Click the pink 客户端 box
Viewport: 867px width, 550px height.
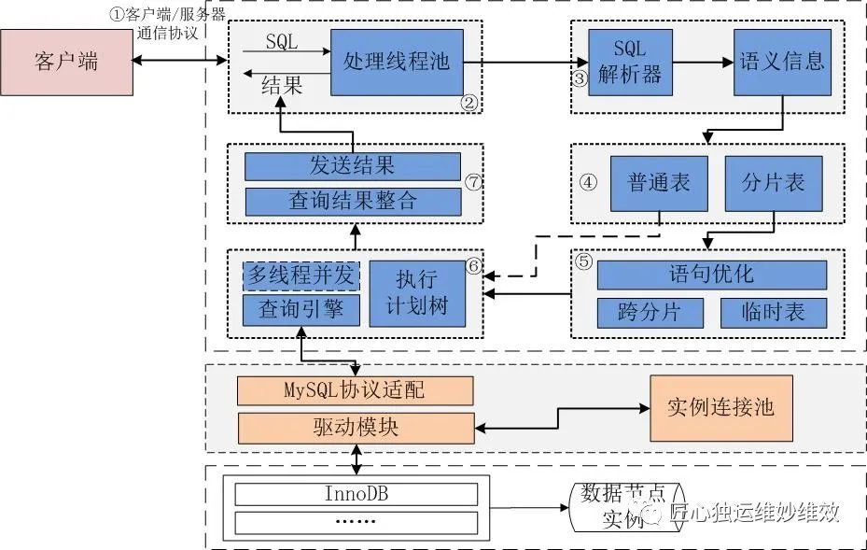coord(66,63)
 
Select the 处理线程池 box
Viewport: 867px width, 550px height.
coord(396,62)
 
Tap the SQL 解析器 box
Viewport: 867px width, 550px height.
coord(630,62)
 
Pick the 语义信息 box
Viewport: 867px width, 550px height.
coord(781,62)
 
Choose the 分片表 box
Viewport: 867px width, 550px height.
coord(774,183)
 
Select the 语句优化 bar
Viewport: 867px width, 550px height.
coord(711,275)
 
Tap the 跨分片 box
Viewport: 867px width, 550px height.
coord(650,312)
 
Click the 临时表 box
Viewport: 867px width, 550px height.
coord(774,312)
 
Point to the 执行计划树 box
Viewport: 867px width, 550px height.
coord(416,293)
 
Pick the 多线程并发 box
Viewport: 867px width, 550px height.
coord(301,275)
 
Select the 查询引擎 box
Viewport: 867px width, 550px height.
coord(301,310)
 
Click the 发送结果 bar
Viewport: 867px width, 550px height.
coord(352,166)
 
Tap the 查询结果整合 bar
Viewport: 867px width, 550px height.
coord(352,201)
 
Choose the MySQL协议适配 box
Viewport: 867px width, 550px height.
coord(355,389)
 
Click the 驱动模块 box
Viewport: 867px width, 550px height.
coord(355,428)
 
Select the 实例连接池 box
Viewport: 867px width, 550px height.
coord(720,408)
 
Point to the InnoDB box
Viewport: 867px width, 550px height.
coord(356,492)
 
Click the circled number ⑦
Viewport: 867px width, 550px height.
coord(473,181)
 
